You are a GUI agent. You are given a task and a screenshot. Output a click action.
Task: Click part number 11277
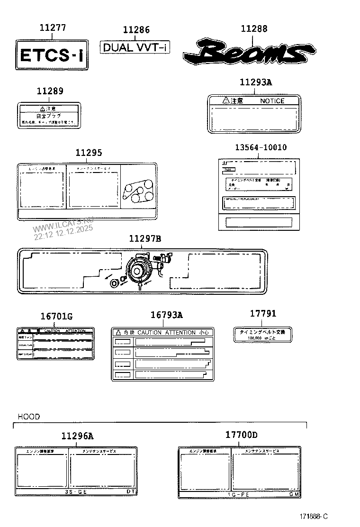tap(52, 28)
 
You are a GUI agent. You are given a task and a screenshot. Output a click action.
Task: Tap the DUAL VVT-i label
tap(135, 47)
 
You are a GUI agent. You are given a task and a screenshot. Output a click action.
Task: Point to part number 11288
tap(254, 29)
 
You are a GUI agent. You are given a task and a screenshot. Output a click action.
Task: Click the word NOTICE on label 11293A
tap(272, 101)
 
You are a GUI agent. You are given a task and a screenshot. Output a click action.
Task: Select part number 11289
tap(50, 91)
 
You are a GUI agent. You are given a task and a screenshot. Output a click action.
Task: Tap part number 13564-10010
tap(261, 147)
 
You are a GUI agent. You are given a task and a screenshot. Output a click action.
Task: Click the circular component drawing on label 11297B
tap(139, 271)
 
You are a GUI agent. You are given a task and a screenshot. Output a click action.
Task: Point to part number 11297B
tap(144, 239)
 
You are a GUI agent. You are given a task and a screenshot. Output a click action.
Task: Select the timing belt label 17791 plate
tap(263, 334)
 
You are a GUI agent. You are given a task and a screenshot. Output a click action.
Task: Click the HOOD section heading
tap(29, 417)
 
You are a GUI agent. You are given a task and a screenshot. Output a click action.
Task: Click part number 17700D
tap(241, 435)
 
